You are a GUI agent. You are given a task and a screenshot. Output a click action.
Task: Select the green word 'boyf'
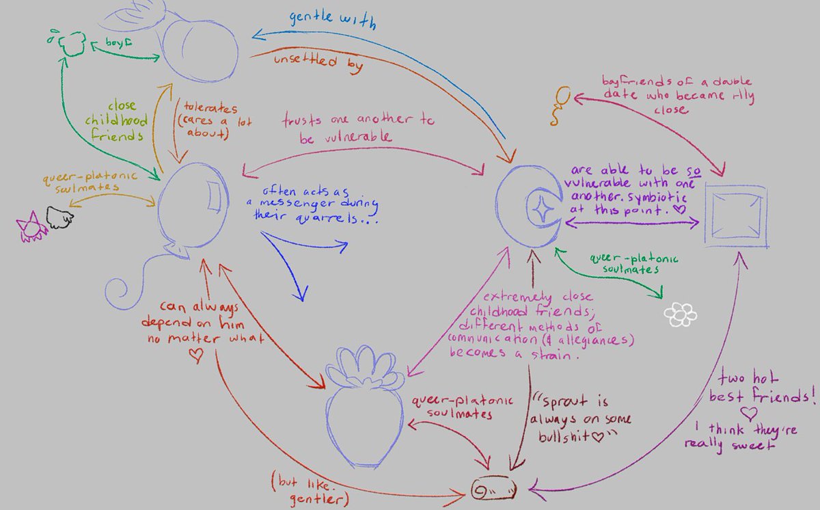pyautogui.click(x=117, y=42)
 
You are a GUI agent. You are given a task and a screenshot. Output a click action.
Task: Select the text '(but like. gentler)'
pyautogui.click(x=314, y=487)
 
